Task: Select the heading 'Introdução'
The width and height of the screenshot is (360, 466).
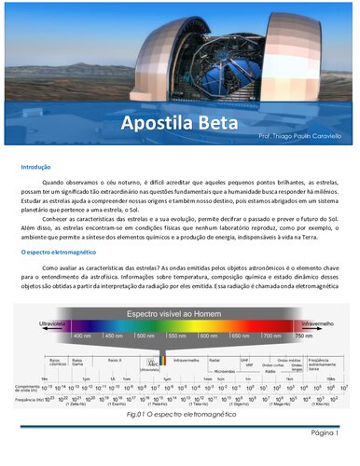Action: pos(35,167)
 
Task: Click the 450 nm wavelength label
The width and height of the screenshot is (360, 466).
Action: pos(114,335)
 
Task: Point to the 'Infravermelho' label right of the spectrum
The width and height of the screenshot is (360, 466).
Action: pos(318,323)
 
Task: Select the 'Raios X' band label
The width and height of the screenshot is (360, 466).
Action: pos(115,359)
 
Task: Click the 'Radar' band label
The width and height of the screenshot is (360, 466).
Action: pos(215,359)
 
